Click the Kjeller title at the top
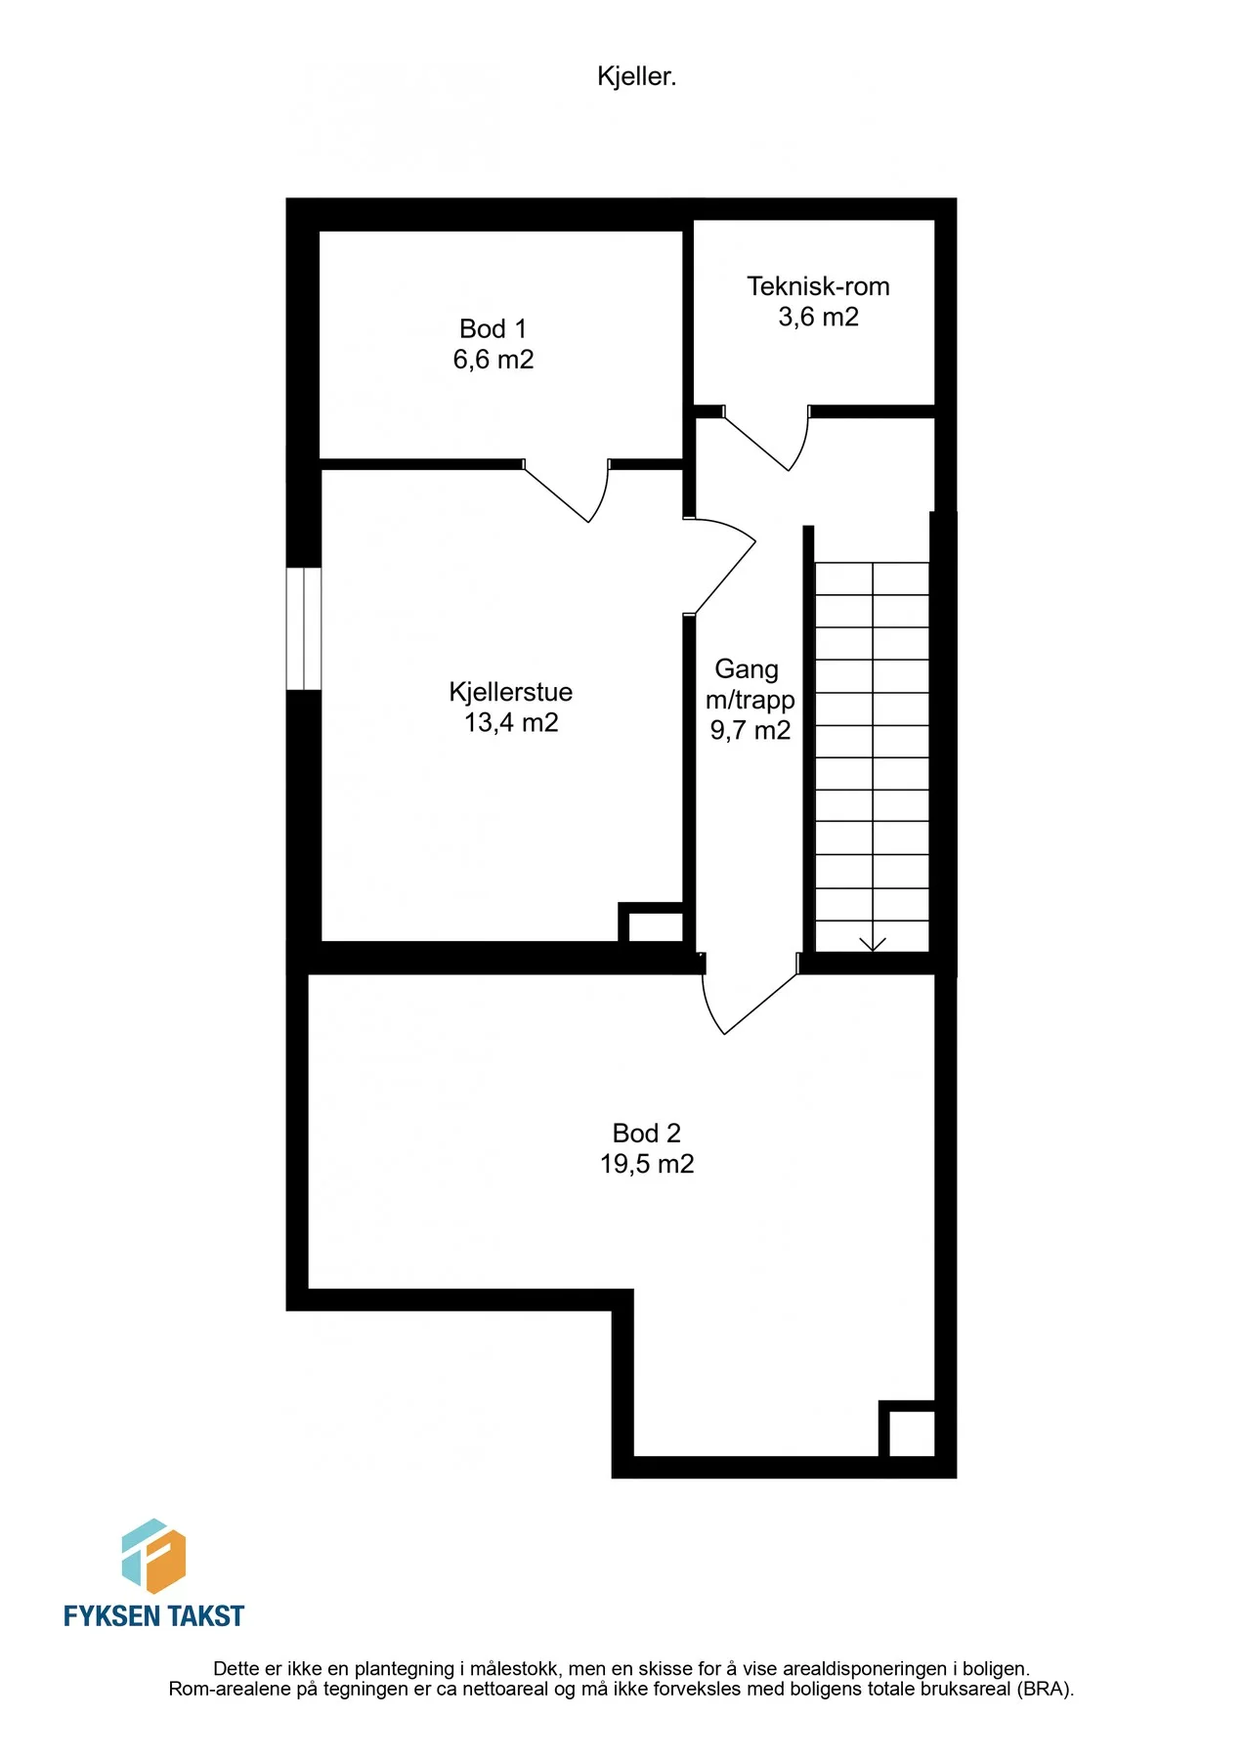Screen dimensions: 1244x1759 tap(636, 76)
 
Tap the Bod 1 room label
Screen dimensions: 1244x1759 tap(493, 328)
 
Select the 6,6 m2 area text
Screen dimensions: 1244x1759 tap(493, 360)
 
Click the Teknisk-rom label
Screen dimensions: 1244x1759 tap(818, 286)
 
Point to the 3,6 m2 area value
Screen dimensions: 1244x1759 tap(818, 317)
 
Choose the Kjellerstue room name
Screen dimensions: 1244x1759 tap(510, 692)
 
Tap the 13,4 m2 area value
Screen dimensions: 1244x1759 tap(511, 722)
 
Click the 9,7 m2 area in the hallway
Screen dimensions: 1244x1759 tap(750, 730)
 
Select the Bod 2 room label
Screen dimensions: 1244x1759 tap(646, 1133)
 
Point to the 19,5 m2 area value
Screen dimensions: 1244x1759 tap(647, 1164)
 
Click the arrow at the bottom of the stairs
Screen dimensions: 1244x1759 tap(872, 942)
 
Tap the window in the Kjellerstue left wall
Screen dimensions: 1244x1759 tap(303, 628)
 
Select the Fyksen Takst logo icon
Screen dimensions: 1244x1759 tap(153, 1556)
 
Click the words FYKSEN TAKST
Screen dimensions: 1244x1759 tap(153, 1616)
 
